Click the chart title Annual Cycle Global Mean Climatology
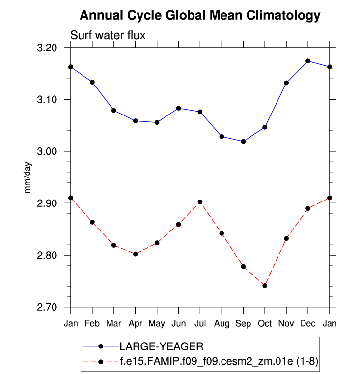point(200,16)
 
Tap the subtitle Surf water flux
point(108,35)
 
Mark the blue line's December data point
point(308,61)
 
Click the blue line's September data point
point(243,141)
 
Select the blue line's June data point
point(178,108)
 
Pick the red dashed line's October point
point(265,286)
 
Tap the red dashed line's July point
point(200,202)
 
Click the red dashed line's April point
point(135,254)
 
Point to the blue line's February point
point(92,82)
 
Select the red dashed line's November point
point(286,238)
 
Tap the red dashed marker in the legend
point(101,362)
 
